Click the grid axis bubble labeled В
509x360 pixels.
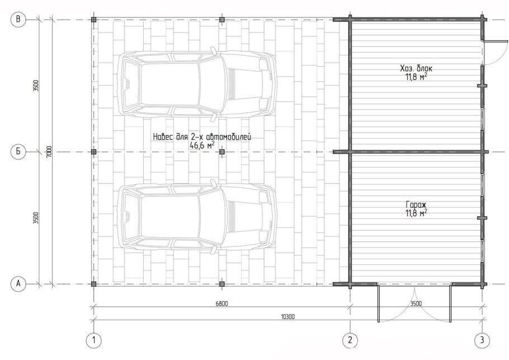pos(18,20)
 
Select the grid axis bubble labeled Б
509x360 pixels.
pos(18,152)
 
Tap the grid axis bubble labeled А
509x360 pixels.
pos(18,284)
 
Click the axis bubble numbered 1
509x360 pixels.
pos(94,340)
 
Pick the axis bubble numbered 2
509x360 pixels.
pos(350,340)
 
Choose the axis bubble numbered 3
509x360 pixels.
pos(482,340)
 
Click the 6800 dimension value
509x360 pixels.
pos(221,304)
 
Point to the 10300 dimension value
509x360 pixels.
pos(288,317)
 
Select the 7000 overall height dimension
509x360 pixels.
pos(49,152)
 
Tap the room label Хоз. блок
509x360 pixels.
pos(416,68)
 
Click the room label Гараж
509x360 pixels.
pos(416,205)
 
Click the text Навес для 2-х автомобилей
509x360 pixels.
pos(202,137)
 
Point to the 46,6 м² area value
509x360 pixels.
pos(202,145)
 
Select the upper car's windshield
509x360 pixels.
pos(210,85)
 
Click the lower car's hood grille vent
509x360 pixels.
pos(232,216)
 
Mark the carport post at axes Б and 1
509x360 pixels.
pos(94,152)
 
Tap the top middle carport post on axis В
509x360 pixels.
pos(221,20)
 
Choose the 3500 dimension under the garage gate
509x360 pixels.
pos(416,304)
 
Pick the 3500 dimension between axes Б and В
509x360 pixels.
pos(36,86)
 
